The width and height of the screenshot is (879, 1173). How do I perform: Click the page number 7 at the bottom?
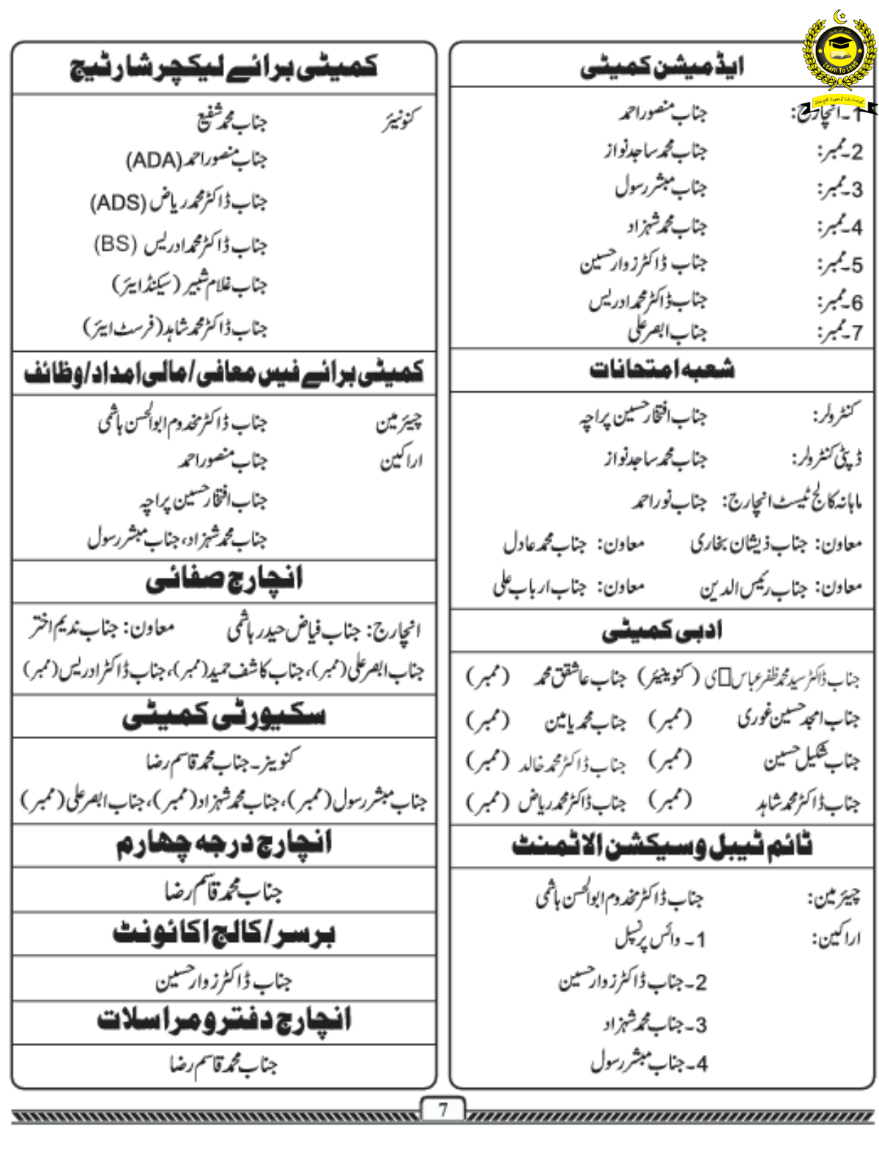click(x=442, y=1109)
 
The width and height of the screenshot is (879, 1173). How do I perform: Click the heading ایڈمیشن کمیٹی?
click(x=661, y=67)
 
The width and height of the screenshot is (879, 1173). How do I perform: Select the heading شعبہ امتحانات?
click(x=661, y=369)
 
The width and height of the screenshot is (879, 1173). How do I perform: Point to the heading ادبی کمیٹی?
click(x=661, y=630)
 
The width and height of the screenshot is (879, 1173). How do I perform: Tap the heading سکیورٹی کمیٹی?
click(x=224, y=716)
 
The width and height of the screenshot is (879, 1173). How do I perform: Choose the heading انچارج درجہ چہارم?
click(x=224, y=845)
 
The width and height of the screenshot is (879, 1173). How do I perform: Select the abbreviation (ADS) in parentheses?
click(x=118, y=202)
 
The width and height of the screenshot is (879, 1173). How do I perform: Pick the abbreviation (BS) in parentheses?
click(x=116, y=243)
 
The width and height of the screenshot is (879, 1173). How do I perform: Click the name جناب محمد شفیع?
click(x=231, y=119)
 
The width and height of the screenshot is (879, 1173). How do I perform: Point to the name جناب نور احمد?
click(x=670, y=502)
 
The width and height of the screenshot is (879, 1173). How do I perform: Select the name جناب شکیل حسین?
click(x=812, y=761)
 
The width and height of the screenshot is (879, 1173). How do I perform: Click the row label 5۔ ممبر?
click(x=840, y=264)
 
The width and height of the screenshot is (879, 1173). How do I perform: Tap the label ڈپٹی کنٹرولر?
click(x=826, y=459)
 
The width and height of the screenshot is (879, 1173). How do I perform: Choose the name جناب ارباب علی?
click(x=540, y=586)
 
